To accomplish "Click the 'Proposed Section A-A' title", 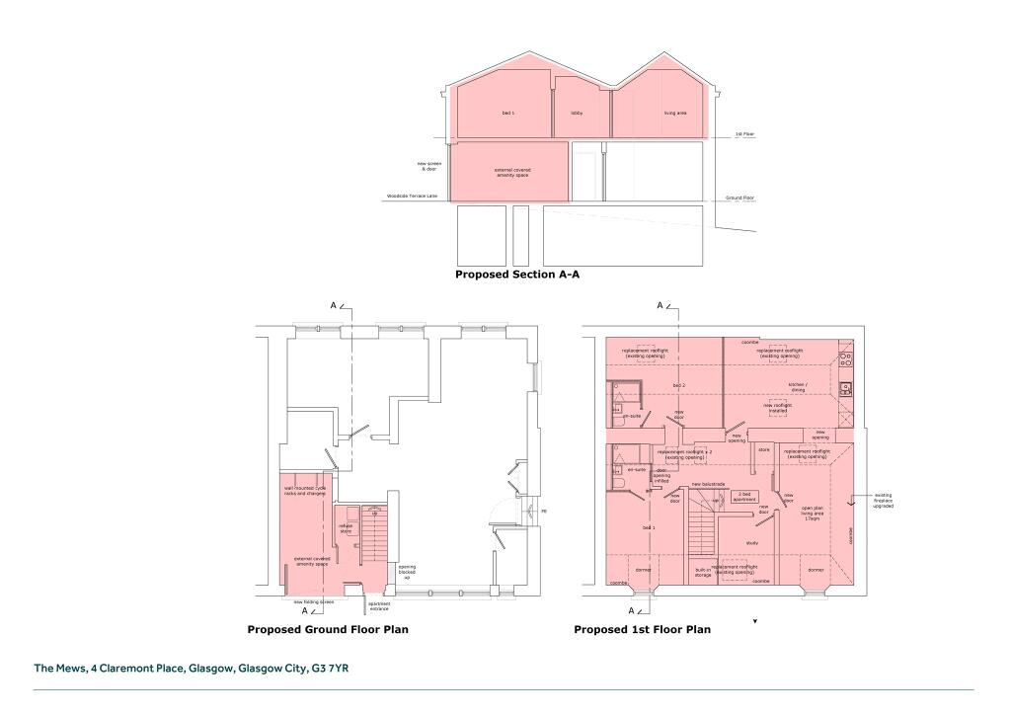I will (516, 275).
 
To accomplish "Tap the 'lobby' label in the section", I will (577, 114).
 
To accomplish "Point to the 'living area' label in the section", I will (675, 114).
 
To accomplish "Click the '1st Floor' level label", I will (744, 134).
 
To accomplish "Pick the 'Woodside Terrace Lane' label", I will (411, 198).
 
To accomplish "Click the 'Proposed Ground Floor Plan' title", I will (328, 629).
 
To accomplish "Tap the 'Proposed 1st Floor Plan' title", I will (642, 629).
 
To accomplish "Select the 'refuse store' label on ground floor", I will (347, 528).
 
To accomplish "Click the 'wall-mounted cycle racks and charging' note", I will (305, 490).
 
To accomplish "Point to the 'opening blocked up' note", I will (406, 572).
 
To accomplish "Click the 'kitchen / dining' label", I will (797, 386).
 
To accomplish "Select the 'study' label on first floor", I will (751, 543).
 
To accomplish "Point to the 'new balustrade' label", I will (709, 484).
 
